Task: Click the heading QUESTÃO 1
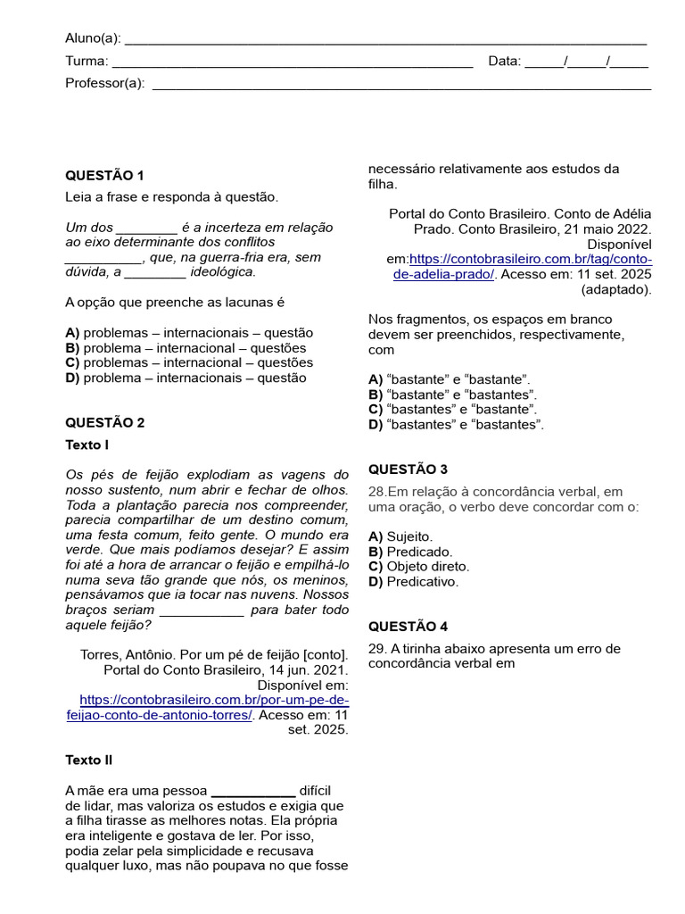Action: (104, 175)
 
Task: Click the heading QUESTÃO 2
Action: (104, 422)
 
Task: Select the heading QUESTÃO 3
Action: (408, 469)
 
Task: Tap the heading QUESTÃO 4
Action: (408, 627)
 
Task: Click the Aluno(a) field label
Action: (94, 37)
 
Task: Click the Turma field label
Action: (87, 62)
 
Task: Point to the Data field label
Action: (504, 62)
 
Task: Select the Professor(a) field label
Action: (104, 84)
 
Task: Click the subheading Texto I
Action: (87, 445)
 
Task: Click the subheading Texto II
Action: (88, 760)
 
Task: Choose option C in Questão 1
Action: (189, 362)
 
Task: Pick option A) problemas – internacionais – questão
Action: (189, 333)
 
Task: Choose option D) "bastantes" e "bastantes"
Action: (456, 424)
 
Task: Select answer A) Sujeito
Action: (400, 536)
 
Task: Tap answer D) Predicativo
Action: (413, 581)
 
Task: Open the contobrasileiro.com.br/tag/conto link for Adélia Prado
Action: (531, 259)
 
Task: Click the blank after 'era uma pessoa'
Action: (252, 791)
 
